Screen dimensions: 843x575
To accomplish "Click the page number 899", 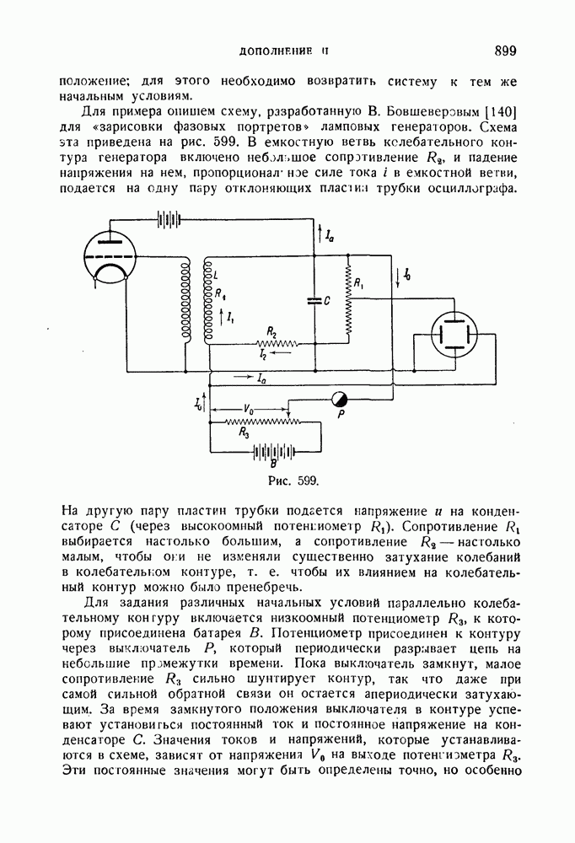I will [x=505, y=51].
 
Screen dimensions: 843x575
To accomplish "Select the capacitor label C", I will [x=326, y=300].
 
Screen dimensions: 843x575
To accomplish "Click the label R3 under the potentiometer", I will [x=244, y=433].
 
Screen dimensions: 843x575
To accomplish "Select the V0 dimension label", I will [x=249, y=409].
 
